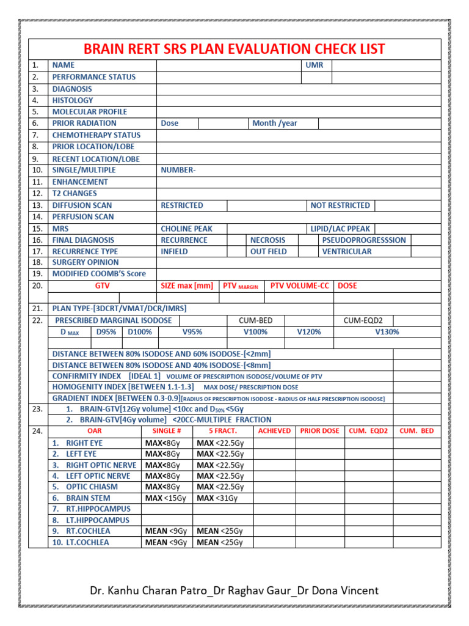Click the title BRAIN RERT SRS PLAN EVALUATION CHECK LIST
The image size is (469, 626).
coord(234,49)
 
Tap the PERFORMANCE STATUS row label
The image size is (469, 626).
coord(93,77)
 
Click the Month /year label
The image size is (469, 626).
coord(275,123)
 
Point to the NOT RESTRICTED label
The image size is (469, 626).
coord(340,205)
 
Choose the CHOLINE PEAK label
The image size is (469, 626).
coord(186,229)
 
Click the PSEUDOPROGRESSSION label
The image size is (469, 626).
coord(363,240)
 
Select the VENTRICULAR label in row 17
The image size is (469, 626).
coord(346,251)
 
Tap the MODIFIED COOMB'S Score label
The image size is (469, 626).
coord(99,274)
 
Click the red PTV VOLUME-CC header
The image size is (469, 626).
coord(299,285)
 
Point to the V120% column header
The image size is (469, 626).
coord(308,332)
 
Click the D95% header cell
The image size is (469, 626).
coord(106,332)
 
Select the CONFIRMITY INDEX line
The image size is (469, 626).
coord(187,376)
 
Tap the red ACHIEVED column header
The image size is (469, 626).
coord(274,431)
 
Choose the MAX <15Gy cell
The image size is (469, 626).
coord(166,498)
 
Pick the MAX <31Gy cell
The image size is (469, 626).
coord(217,498)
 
